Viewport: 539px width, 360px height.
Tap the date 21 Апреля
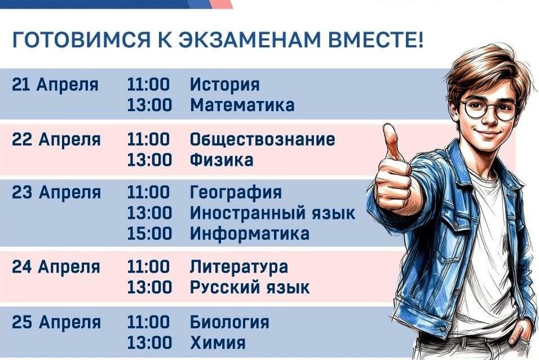point(55,85)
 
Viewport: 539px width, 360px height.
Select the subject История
point(225,85)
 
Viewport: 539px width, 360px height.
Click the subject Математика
point(242,105)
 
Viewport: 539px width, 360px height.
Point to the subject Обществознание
point(262,140)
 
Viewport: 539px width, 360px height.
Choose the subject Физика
point(222,160)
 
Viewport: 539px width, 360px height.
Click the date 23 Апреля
point(56,192)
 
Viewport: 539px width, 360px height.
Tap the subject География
point(236,192)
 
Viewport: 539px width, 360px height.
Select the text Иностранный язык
point(272,213)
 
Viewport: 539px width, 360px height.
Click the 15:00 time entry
point(149,234)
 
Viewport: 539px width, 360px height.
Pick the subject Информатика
point(250,234)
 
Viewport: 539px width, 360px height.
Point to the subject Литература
point(239,267)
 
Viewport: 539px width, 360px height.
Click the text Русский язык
point(250,287)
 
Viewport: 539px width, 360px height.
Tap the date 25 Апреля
point(56,323)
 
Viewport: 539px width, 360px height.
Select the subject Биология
point(229,323)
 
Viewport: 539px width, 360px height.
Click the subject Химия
point(218,343)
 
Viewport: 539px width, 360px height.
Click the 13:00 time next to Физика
point(149,160)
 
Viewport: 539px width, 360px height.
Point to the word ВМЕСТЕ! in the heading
point(375,40)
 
